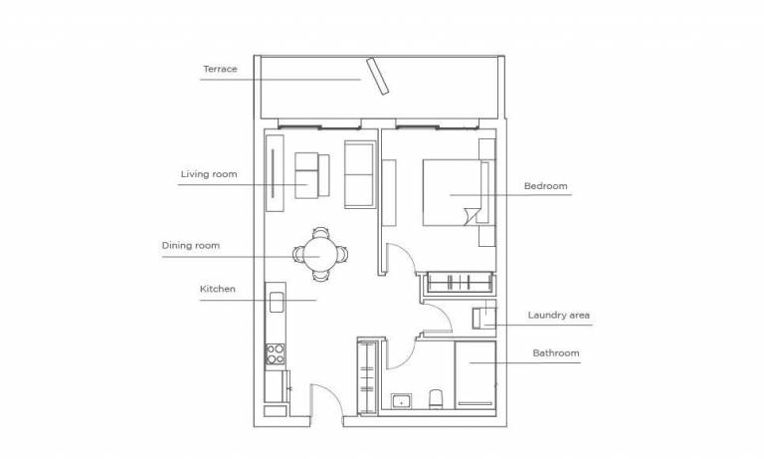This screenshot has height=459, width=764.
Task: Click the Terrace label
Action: tap(220, 70)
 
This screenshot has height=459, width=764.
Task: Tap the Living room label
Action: tap(209, 174)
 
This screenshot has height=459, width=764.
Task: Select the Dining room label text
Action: tap(191, 245)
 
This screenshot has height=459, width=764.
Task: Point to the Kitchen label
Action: tap(217, 289)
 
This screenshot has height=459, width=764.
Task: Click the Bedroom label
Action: tap(546, 186)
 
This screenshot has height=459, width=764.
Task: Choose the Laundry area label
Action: tap(559, 315)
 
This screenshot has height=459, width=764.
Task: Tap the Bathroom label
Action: tap(556, 353)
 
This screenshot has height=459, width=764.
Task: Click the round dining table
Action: tap(320, 255)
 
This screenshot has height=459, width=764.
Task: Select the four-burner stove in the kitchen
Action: tap(276, 353)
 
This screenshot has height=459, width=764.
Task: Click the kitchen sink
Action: tap(276, 302)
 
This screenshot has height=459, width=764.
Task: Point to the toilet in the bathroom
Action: tap(436, 399)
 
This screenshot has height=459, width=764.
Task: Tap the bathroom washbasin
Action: tap(401, 401)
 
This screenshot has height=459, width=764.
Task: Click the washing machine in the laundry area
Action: tap(483, 318)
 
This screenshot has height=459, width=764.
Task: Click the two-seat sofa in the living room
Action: tap(360, 174)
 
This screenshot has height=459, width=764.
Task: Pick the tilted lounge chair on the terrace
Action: tap(378, 76)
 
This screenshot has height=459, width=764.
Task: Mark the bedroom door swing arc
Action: tap(405, 251)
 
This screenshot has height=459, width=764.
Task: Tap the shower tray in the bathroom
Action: tap(476, 374)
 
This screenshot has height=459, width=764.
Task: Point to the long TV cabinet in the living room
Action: tap(275, 173)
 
